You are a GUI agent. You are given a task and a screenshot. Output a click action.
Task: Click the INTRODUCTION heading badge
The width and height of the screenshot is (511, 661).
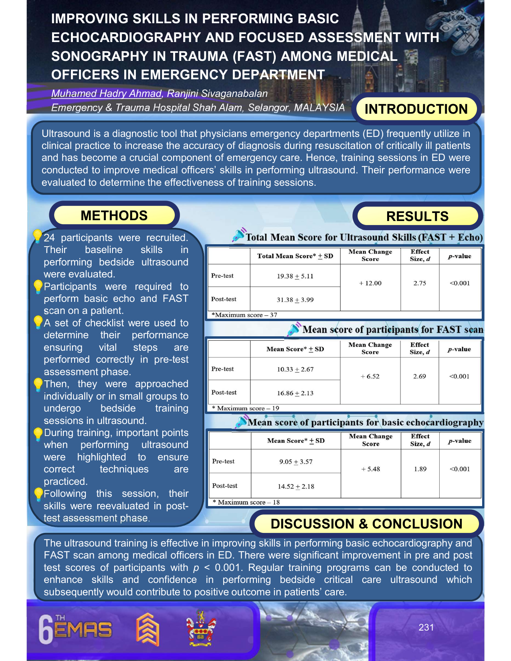[416, 109]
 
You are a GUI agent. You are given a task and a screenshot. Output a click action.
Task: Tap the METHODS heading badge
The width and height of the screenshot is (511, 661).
[114, 215]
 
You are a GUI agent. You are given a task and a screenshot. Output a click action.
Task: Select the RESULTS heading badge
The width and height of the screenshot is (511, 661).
[417, 216]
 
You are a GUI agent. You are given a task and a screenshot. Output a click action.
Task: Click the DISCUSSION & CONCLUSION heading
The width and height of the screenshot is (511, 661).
[366, 524]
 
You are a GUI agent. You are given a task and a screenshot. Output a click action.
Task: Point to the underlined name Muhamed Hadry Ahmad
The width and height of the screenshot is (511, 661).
[106, 94]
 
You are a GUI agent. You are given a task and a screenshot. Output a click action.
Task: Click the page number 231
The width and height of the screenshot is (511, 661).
[426, 627]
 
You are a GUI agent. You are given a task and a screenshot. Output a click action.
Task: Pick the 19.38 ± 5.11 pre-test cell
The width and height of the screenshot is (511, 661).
[295, 276]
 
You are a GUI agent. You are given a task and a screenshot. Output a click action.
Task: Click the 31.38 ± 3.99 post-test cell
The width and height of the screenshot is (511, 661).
[295, 300]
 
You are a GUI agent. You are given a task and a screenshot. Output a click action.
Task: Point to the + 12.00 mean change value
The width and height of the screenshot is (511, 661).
[370, 283]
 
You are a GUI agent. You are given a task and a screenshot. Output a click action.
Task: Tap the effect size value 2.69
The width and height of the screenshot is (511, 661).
[419, 376]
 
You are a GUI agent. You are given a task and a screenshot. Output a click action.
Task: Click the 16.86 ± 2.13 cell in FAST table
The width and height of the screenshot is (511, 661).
[295, 393]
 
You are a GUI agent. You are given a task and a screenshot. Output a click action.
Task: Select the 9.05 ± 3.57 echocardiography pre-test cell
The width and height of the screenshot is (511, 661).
[296, 462]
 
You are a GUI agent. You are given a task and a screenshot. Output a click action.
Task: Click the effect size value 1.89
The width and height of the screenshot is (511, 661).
[420, 469]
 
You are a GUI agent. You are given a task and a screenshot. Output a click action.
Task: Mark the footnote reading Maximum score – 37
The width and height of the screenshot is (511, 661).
[244, 315]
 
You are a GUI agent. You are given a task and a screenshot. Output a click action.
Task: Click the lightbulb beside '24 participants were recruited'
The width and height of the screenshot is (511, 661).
[37, 236]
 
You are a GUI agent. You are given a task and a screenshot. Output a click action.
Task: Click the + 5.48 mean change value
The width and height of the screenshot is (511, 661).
[371, 469]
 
